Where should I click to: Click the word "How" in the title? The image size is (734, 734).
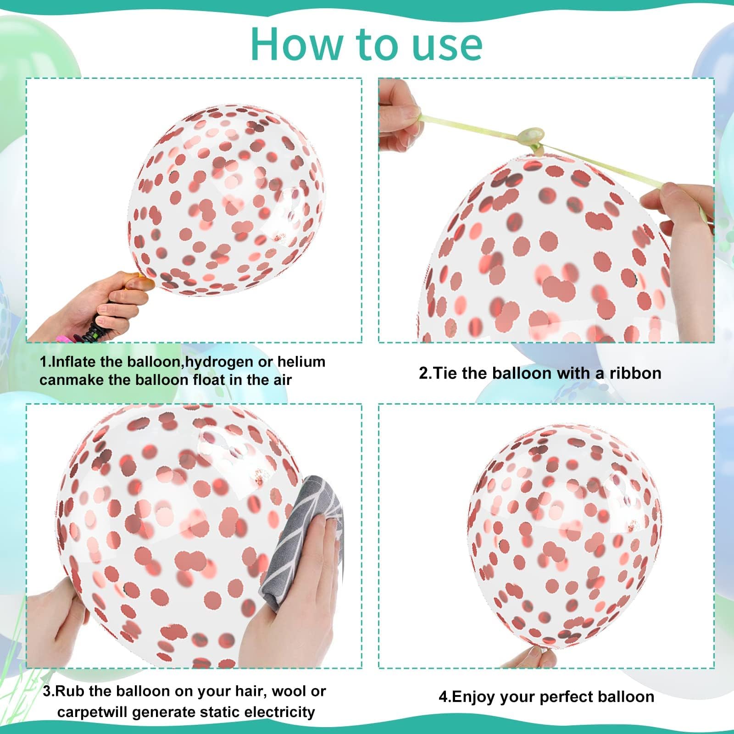(x=297, y=44)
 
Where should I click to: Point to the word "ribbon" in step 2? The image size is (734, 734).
(x=635, y=373)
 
